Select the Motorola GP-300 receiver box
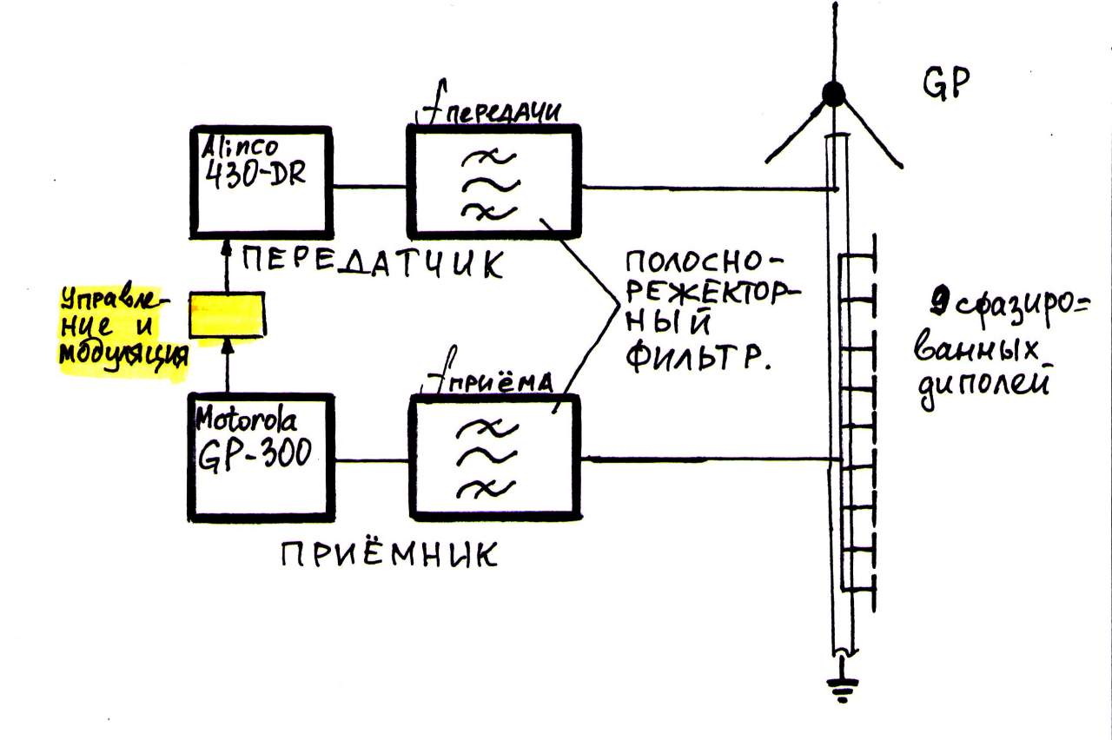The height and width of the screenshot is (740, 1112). tap(261, 457)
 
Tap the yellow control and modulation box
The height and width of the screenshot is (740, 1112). tap(228, 314)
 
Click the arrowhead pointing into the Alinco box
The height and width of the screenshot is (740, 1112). tap(228, 250)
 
